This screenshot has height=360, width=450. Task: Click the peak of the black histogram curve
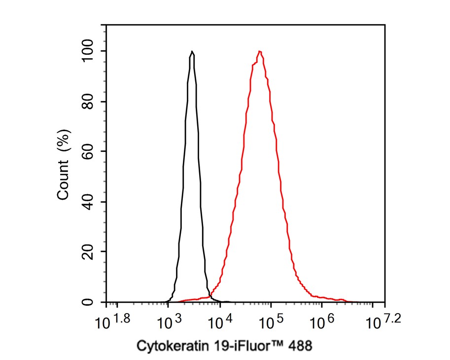pos(192,51)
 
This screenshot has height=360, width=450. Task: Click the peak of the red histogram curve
pos(259,51)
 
